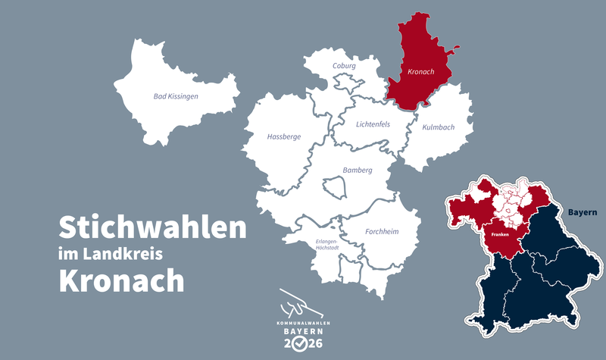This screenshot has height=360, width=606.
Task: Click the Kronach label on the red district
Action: [x=420, y=72]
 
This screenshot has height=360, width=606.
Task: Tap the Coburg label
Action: [x=344, y=66]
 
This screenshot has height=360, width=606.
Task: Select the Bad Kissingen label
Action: [x=175, y=96]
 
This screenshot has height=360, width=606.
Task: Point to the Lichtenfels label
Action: [x=373, y=124]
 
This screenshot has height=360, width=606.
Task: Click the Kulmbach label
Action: [x=439, y=127]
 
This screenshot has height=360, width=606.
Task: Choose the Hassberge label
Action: [x=284, y=137]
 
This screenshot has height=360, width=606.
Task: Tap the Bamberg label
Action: [x=357, y=171]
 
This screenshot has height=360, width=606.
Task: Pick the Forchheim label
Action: [x=383, y=231]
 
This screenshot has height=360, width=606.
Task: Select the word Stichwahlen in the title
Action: [x=152, y=227]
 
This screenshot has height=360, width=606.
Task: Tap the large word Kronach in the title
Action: [x=121, y=280]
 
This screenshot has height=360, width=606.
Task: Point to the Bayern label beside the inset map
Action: [x=583, y=212]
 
